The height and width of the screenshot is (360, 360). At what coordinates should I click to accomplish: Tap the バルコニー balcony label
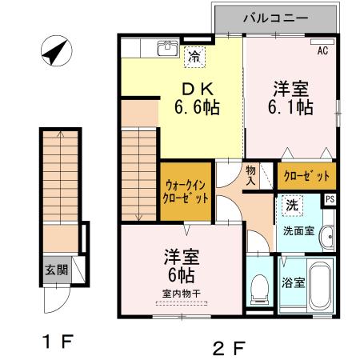click(274, 17)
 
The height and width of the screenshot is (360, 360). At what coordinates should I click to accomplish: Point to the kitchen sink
click(168, 50)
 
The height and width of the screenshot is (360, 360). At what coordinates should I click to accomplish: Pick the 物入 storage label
click(250, 174)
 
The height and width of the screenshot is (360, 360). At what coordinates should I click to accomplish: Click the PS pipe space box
click(330, 200)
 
